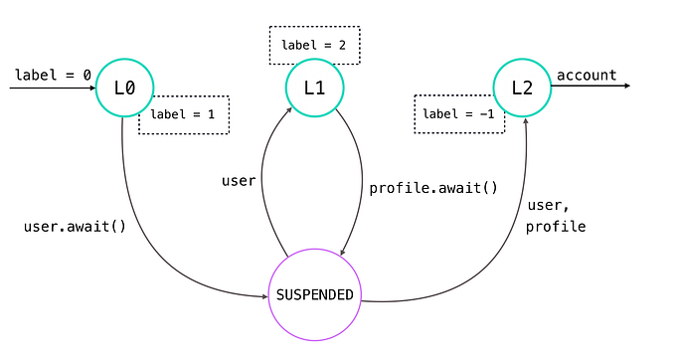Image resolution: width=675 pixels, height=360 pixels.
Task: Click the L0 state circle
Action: pos(124,88)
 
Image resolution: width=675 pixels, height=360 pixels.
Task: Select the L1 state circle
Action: pos(314,88)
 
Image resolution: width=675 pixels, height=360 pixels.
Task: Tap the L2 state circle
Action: pos(522,88)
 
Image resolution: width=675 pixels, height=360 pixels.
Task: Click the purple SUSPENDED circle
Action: pos(314,294)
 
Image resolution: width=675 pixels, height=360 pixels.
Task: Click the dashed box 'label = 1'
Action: pos(184,114)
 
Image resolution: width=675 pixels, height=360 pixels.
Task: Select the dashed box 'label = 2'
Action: pos(314,45)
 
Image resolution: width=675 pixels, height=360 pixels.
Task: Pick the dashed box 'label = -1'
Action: pos(458,113)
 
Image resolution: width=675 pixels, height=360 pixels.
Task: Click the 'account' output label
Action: pos(587,75)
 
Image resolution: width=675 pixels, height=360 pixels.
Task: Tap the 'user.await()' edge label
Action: pos(75,226)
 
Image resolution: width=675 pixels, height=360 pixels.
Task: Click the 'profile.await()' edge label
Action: pos(433,188)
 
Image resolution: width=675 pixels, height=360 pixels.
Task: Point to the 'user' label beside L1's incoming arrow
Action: pos(239,181)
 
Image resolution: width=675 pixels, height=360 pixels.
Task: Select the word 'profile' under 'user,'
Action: pos(557,227)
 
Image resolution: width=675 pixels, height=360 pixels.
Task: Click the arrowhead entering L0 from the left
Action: pos(89,88)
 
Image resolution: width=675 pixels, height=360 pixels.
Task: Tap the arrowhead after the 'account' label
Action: pos(625,87)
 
